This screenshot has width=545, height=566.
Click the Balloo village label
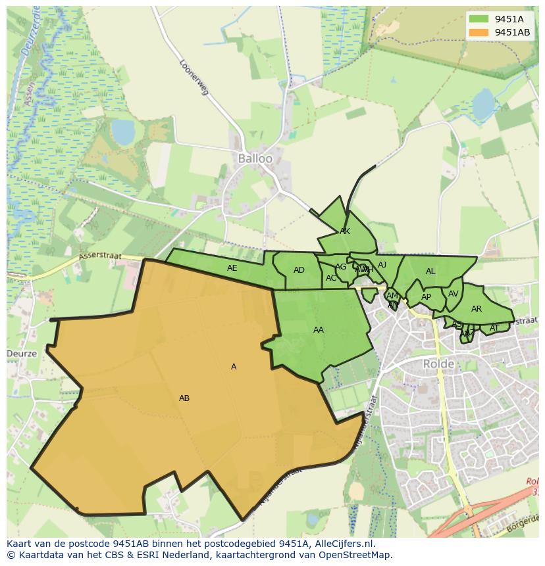click(x=255, y=158)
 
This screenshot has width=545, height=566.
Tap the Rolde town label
click(x=438, y=364)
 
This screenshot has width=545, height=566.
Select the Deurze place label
click(x=21, y=353)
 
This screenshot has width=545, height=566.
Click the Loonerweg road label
click(x=194, y=78)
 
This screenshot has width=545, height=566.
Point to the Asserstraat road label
click(x=97, y=254)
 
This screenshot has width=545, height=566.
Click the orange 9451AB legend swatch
click(x=479, y=32)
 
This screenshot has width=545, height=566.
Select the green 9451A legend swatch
click(x=479, y=19)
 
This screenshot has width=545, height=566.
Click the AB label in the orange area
click(x=184, y=398)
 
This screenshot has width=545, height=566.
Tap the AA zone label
click(x=319, y=330)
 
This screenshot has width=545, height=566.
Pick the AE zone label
click(x=232, y=268)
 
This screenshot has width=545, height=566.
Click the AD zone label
click(x=299, y=270)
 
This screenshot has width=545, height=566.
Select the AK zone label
click(x=345, y=231)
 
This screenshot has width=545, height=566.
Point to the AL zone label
click(x=430, y=271)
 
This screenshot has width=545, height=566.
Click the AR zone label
click(x=477, y=309)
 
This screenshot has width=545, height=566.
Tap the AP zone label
click(x=426, y=297)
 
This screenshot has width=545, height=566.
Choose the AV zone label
click(x=453, y=294)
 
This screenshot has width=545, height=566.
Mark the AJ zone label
click(x=382, y=265)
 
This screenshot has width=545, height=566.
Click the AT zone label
click(x=494, y=328)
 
